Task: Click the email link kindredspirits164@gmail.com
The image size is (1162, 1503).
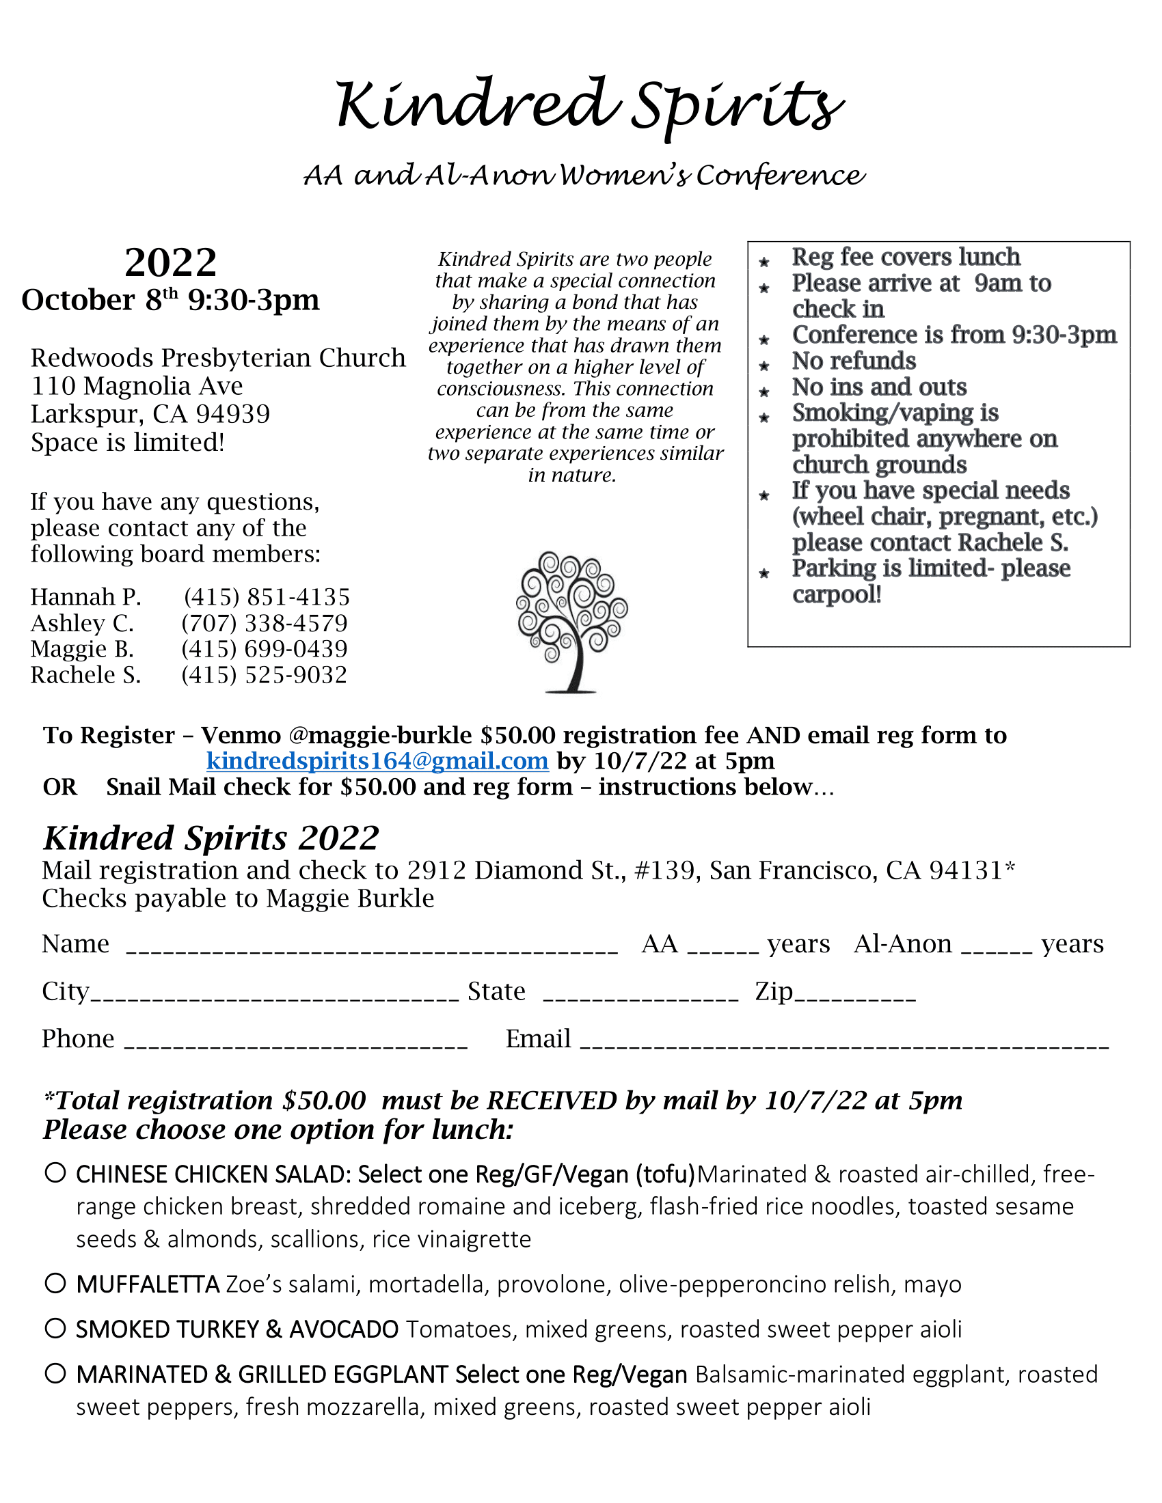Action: [x=377, y=761]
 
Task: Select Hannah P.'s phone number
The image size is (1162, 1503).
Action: [x=267, y=596]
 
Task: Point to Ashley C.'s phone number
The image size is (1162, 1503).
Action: [x=265, y=623]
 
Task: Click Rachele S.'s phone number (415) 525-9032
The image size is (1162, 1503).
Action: [x=265, y=675]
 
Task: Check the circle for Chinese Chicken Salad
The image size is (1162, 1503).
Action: [x=55, y=1172]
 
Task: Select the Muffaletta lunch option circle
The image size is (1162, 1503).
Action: [x=55, y=1283]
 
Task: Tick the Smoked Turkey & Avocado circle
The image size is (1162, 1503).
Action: [x=55, y=1328]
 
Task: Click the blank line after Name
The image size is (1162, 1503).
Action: [x=372, y=950]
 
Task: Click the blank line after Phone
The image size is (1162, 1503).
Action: [x=296, y=1045]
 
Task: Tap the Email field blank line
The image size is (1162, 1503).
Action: [x=844, y=1045]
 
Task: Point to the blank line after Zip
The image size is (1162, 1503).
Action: [x=855, y=997]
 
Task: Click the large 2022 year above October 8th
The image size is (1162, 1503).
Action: [x=171, y=262]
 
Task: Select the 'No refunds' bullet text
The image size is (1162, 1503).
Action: [x=854, y=361]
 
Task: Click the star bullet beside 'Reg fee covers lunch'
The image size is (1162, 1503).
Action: [x=764, y=262]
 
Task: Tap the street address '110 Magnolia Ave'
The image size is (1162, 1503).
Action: [x=137, y=386]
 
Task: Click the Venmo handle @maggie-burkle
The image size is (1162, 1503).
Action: [x=381, y=736]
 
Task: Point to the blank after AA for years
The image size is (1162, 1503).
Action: [x=722, y=950]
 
